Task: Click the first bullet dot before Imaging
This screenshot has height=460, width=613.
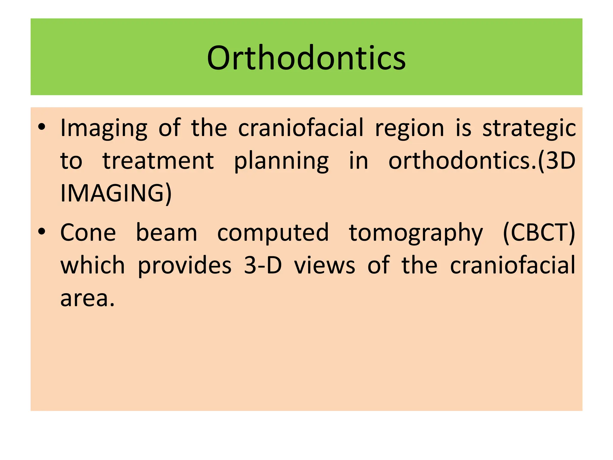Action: tap(42, 127)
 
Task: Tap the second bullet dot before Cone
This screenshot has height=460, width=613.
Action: tap(42, 232)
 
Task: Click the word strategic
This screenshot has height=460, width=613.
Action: tap(529, 128)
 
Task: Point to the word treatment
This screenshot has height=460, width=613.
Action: tap(158, 161)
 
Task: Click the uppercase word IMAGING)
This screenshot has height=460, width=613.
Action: tap(116, 193)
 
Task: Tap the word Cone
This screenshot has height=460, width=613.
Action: tap(88, 233)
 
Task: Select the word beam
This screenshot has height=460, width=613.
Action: tap(166, 233)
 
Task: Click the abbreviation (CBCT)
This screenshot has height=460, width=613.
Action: tap(539, 233)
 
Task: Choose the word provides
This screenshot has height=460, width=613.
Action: tap(185, 266)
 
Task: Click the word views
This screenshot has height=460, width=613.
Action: tap(324, 266)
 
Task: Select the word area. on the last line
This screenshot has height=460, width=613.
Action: tap(87, 299)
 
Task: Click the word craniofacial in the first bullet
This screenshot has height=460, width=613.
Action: tap(301, 128)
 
